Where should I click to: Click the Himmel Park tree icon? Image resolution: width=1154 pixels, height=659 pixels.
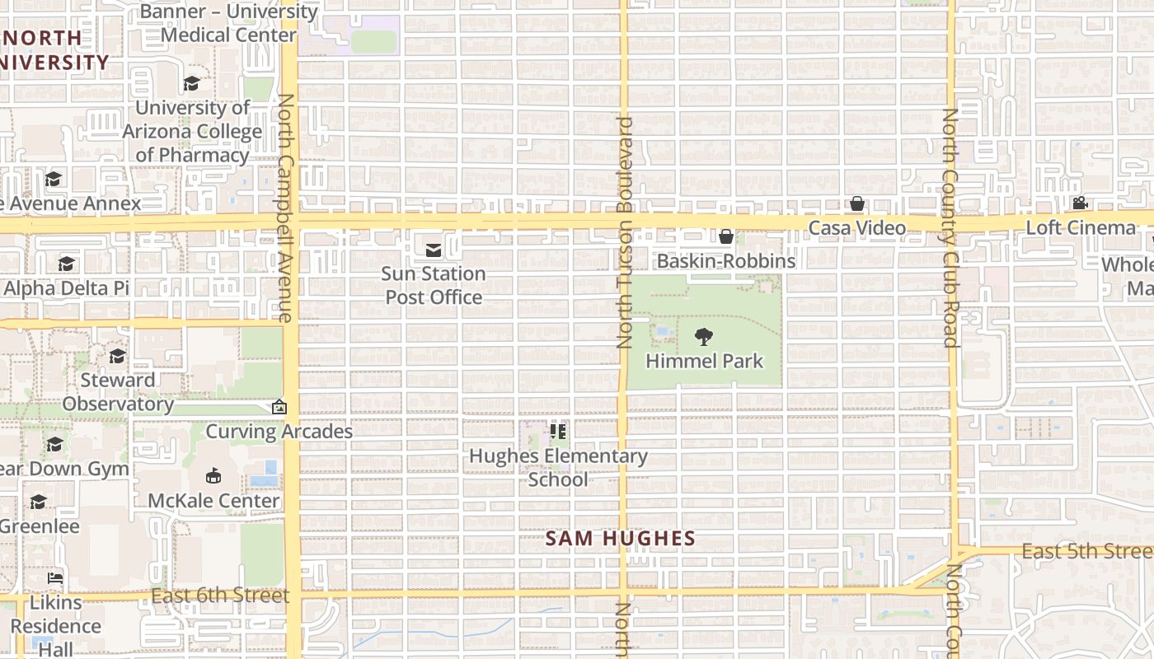coord(703,336)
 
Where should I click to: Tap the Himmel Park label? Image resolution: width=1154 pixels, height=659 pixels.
coord(704,361)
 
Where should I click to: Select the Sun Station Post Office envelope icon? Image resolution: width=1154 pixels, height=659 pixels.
coord(434,250)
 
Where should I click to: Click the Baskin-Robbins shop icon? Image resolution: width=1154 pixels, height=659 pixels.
coord(726,237)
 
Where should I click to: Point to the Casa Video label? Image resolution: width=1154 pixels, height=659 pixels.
coord(856,228)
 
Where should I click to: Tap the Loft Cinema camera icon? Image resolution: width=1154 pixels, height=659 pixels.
coord(1079,203)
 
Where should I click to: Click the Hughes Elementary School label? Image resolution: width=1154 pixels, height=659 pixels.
coord(558,467)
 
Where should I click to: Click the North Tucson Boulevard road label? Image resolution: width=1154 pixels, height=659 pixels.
coord(624,232)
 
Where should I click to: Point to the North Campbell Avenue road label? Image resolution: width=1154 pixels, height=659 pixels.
coord(285,207)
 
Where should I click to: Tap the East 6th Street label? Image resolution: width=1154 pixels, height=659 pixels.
coord(220,595)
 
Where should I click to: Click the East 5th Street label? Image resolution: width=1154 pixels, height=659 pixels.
coord(1086,551)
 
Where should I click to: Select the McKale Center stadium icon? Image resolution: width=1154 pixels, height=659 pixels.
coord(213,475)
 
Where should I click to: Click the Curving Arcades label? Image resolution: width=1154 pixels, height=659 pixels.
coord(279,431)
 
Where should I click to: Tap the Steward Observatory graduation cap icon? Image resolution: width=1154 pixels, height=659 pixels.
coord(118,356)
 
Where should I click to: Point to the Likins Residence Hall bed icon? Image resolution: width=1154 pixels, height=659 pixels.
coord(55,577)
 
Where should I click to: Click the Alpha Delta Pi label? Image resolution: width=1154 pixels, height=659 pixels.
coord(66,288)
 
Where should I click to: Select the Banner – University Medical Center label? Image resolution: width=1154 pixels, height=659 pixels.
coord(228,23)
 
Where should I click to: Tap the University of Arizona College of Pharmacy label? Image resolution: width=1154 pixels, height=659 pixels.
coord(192,131)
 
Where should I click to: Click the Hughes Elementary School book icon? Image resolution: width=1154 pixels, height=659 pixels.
coord(558,431)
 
